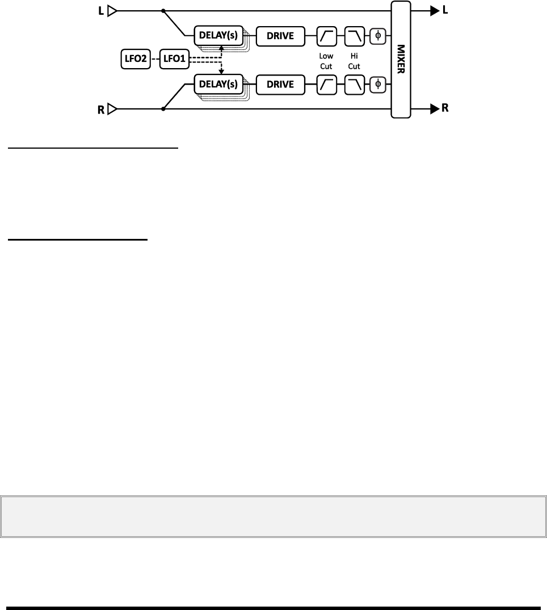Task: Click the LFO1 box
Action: pyautogui.click(x=174, y=60)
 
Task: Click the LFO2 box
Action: pyautogui.click(x=136, y=60)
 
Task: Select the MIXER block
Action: pyautogui.click(x=401, y=59)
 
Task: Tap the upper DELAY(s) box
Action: pyautogui.click(x=218, y=36)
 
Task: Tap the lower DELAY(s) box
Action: pyautogui.click(x=218, y=85)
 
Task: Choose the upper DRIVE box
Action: pyautogui.click(x=281, y=36)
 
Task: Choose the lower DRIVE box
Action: pyautogui.click(x=281, y=85)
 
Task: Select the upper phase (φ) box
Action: pyautogui.click(x=378, y=36)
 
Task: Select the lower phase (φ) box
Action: pyautogui.click(x=378, y=85)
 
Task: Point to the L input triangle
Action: pyautogui.click(x=112, y=10)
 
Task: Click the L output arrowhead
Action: pyautogui.click(x=434, y=10)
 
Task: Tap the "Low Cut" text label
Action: pyautogui.click(x=327, y=61)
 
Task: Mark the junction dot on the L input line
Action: pyautogui.click(x=163, y=10)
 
